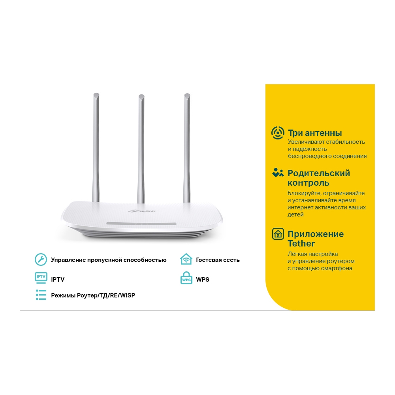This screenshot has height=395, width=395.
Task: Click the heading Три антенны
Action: coord(315,133)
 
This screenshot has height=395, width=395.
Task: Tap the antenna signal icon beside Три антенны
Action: coord(278,133)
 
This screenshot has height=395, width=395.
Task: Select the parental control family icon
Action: coord(278,173)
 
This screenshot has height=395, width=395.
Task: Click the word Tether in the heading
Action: coord(301,243)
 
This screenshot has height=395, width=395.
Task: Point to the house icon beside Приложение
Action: coord(278,234)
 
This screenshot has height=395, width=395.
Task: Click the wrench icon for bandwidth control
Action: coord(41,260)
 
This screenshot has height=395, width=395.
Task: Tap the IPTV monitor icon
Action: coord(41,278)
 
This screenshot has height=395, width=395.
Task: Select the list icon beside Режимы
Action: coord(41,295)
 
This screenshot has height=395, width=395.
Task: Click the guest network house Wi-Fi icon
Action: coord(186,259)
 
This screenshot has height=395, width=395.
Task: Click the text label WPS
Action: coord(203,280)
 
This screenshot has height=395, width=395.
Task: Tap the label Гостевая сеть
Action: coord(218,260)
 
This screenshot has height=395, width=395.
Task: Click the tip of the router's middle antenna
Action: coord(141,96)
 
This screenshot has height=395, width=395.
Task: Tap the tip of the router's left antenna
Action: coord(95,95)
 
